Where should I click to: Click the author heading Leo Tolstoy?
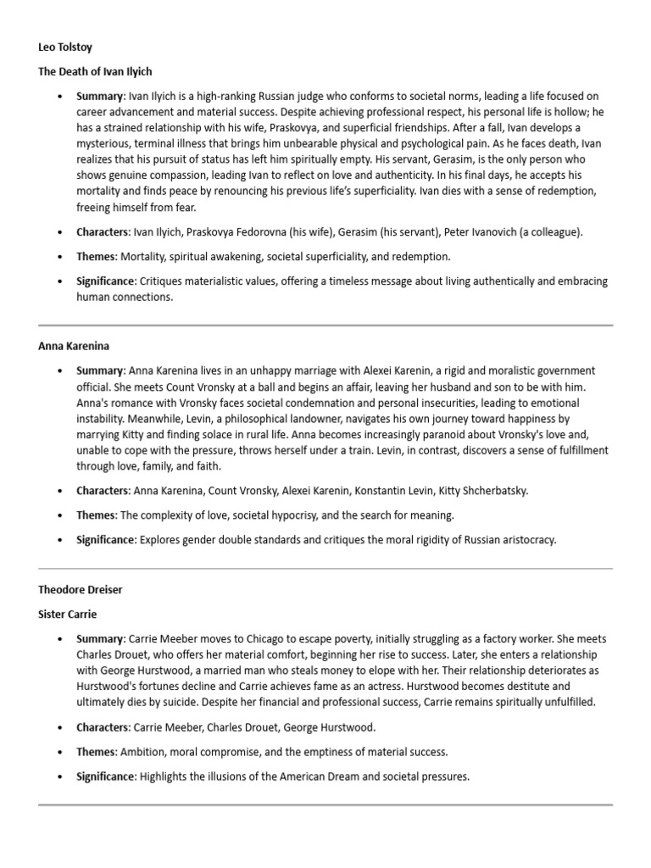64,48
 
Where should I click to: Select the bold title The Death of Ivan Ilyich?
95,72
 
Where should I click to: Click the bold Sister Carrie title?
68,613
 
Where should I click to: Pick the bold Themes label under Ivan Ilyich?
96,256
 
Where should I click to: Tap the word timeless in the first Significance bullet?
364,281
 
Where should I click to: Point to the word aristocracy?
528,539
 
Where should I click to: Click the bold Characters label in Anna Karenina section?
101,490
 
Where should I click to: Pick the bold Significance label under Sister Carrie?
105,776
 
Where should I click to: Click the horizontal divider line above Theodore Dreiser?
325,568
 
